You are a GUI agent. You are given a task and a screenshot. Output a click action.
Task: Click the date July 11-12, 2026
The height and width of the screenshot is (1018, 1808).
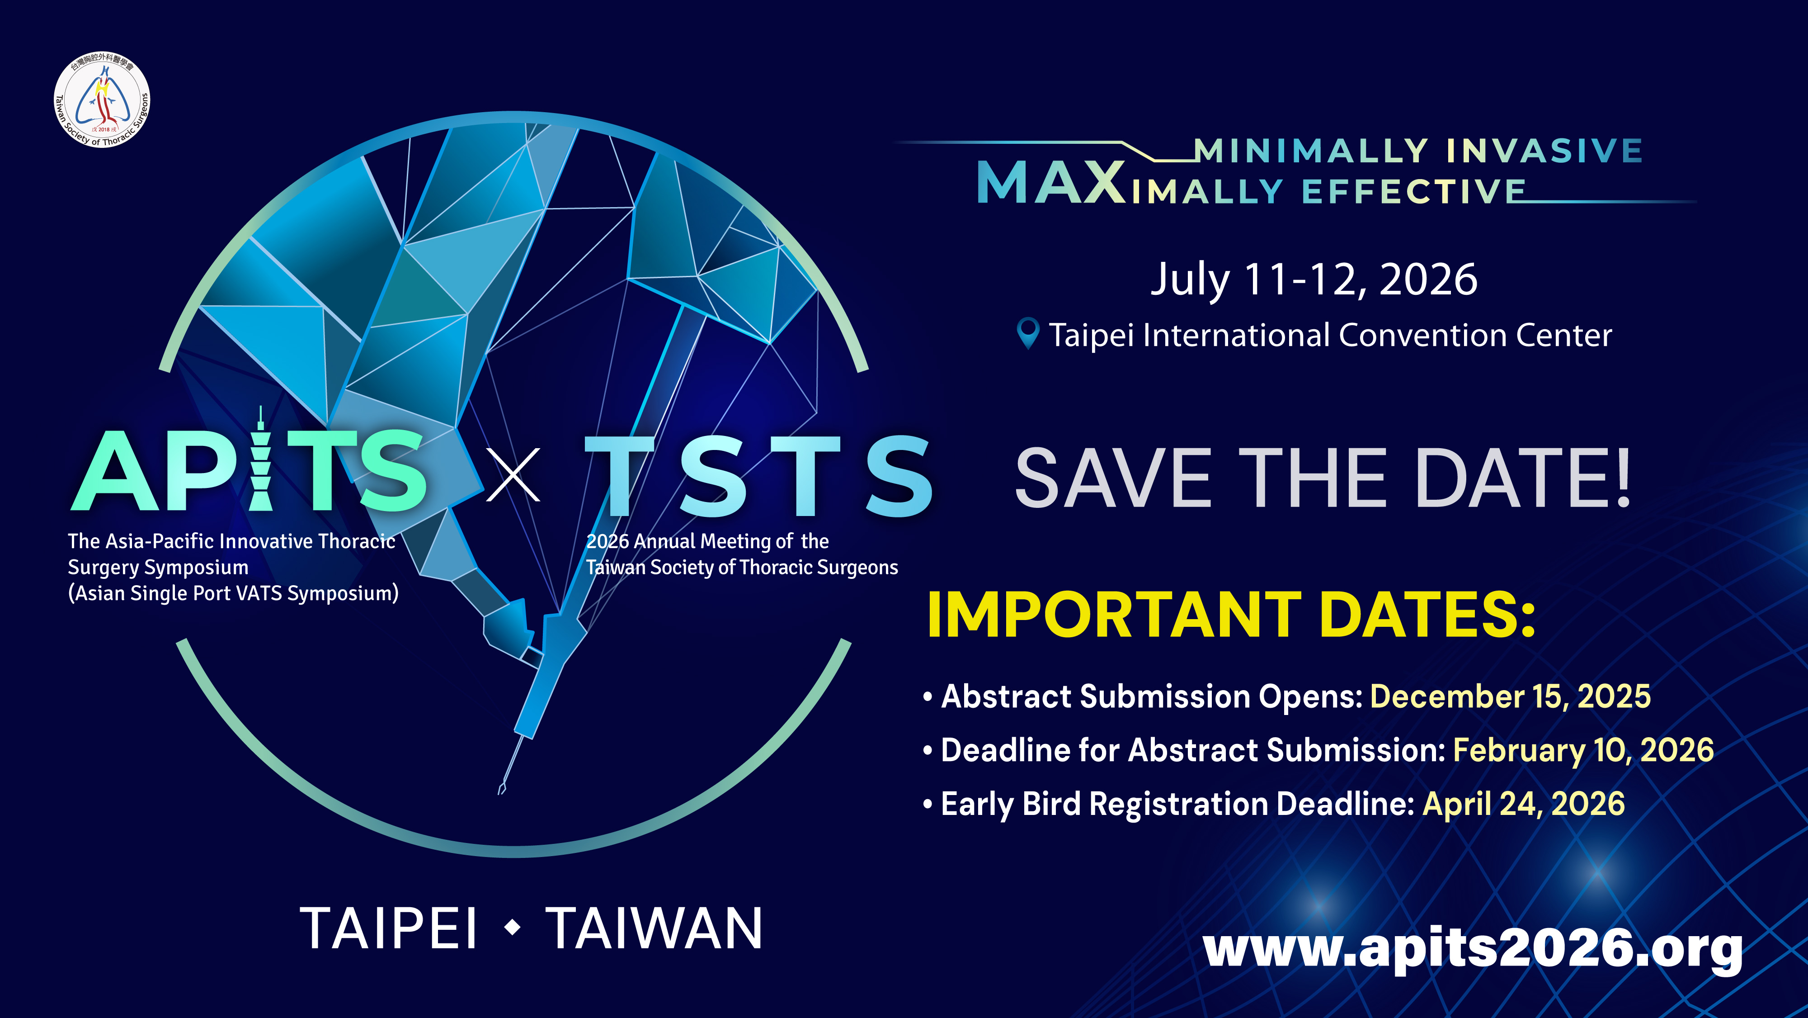coord(1314,279)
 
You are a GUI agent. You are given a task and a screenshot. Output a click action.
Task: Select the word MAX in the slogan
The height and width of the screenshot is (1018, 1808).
coord(1051,183)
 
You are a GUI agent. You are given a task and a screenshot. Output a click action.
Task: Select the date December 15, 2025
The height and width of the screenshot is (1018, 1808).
coord(1510,696)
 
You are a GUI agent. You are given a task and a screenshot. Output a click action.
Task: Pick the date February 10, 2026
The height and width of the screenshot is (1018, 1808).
coord(1583,751)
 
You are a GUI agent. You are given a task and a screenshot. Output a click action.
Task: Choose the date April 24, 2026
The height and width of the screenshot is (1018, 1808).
coord(1524,804)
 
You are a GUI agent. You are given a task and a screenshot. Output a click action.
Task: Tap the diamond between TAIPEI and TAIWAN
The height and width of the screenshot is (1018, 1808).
coord(513,928)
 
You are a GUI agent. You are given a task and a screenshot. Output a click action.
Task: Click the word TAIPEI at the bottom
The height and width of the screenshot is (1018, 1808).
coord(389,928)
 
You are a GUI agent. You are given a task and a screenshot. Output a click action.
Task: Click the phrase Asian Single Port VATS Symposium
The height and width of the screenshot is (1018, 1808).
coord(234,593)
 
